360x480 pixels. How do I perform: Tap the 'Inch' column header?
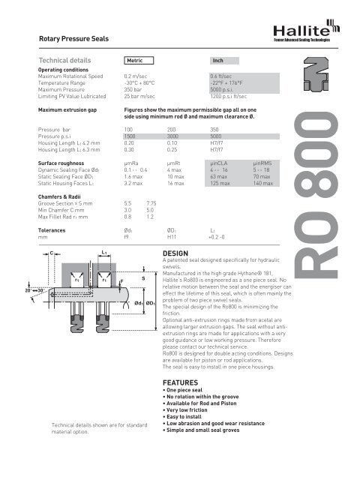218,58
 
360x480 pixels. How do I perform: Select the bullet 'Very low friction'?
188,432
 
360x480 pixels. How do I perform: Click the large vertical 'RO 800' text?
328,204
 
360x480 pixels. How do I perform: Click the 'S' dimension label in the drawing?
142,279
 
